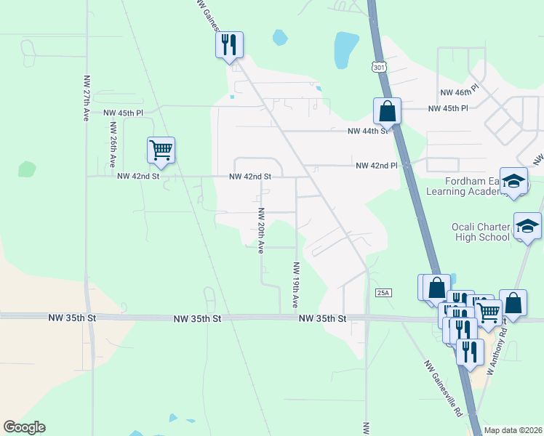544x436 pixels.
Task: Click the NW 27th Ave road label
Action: (86, 97)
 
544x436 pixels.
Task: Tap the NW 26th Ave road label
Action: (113, 145)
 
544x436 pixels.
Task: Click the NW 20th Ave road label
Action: (260, 227)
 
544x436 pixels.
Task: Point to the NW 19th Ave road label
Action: (296, 285)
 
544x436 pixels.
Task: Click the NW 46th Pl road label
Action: (460, 93)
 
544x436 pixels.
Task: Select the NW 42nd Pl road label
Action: (377, 166)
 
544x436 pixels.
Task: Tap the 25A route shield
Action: (383, 293)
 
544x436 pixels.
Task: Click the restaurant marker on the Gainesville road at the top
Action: (229, 45)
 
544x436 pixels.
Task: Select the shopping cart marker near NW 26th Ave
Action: (161, 150)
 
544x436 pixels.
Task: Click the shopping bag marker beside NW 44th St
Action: (387, 111)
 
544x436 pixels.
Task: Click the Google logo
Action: (25, 427)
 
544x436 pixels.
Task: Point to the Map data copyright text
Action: (512, 429)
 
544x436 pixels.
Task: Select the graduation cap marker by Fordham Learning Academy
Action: (513, 181)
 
